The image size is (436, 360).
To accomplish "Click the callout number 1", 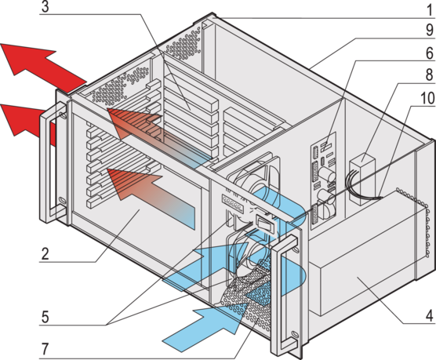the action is pyautogui.click(x=430, y=10).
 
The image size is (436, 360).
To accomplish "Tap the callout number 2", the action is pyautogui.click(x=45, y=253).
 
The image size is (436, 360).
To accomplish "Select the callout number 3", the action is pyautogui.click(x=45, y=7).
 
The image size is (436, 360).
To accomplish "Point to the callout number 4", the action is pyautogui.click(x=429, y=315).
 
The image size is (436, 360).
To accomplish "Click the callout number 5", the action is pyautogui.click(x=45, y=317).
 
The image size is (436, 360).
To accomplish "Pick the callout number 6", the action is pyautogui.click(x=430, y=53).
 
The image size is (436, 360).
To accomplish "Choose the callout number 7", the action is pyautogui.click(x=45, y=348).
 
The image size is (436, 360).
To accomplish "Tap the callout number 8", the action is pyautogui.click(x=430, y=75).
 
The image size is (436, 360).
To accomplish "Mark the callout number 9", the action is pyautogui.click(x=430, y=31).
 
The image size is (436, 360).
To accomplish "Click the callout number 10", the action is pyautogui.click(x=427, y=98).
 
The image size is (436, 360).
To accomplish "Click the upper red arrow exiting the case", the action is pyautogui.click(x=42, y=64).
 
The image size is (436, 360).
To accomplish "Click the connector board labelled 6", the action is pyautogui.click(x=324, y=181).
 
